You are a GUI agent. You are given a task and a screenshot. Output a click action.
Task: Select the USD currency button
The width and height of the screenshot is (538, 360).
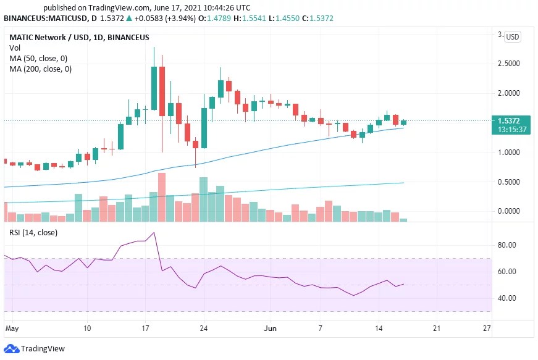coord(513,37)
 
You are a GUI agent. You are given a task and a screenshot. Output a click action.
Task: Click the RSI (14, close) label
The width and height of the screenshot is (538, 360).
coord(33,233)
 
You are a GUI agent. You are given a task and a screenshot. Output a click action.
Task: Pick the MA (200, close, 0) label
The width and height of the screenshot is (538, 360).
coord(40,69)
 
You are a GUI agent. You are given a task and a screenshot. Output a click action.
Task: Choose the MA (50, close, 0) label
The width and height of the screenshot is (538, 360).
coord(38,59)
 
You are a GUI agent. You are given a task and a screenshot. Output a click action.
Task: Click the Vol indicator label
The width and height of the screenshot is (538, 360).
coord(14,48)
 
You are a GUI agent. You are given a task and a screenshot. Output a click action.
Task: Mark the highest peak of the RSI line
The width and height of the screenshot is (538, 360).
coord(153,233)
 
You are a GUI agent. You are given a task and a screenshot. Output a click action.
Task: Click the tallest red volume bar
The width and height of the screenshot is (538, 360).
coord(162,197)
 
